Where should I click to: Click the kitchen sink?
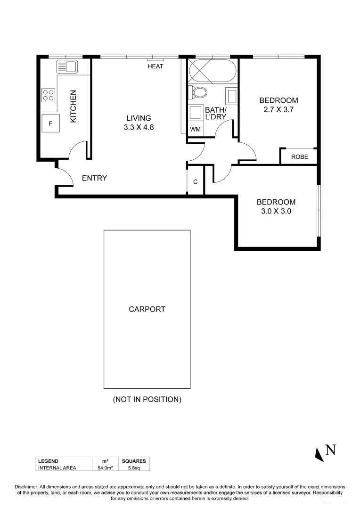[x=66, y=66]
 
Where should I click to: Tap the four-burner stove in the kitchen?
[x=49, y=95]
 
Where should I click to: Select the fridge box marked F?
[x=50, y=123]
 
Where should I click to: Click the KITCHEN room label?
[x=73, y=107]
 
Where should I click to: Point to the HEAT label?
[x=155, y=66]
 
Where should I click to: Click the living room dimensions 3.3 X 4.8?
[x=139, y=127]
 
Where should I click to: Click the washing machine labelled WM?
[x=195, y=129]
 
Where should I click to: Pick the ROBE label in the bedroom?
[x=299, y=157]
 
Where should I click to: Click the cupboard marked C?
[x=195, y=181]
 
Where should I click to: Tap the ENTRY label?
[x=94, y=178]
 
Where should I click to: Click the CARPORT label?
[x=147, y=310]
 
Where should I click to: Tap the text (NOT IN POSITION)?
[x=147, y=399]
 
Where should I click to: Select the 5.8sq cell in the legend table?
[x=134, y=468]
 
